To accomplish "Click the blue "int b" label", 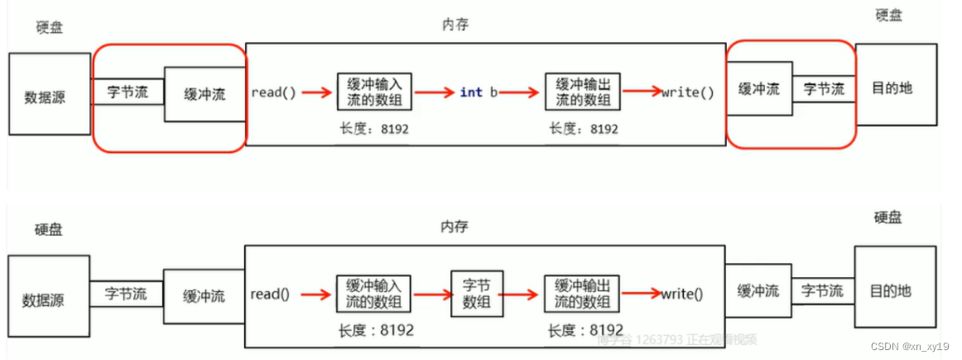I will (x=479, y=93).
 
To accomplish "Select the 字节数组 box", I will (x=477, y=293).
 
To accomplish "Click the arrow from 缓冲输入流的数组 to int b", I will (x=435, y=93).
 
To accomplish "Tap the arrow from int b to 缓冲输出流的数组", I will (x=521, y=93).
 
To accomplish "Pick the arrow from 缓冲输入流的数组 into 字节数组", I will (x=431, y=293).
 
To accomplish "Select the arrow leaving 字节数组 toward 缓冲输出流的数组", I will (x=522, y=293).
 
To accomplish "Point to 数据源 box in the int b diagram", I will (x=49, y=94).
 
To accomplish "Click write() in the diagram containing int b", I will (x=687, y=93).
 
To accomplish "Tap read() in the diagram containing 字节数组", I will (x=269, y=293).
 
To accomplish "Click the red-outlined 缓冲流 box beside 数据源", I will (x=204, y=94).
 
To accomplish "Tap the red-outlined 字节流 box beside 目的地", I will (x=824, y=89).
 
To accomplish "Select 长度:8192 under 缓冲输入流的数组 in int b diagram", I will (x=374, y=130).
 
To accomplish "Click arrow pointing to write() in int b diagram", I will (x=642, y=93).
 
